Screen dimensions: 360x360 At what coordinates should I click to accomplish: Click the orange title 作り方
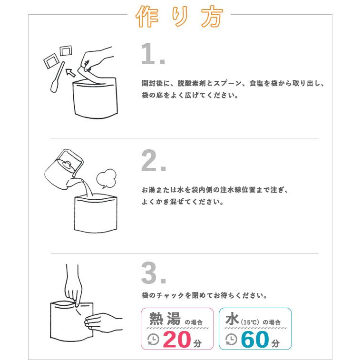coord(179,18)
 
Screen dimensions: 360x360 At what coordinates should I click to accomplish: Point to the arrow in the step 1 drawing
coord(71,72)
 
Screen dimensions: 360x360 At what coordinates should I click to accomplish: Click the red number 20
coord(177,339)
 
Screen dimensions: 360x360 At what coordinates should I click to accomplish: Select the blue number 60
coord(255,339)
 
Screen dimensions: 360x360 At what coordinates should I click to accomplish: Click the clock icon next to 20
coord(154,339)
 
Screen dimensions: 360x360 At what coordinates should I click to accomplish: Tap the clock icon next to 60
coord(231,339)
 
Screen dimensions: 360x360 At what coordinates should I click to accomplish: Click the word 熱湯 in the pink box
coord(165,319)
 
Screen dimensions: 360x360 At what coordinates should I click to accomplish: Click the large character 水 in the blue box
coord(232,319)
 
